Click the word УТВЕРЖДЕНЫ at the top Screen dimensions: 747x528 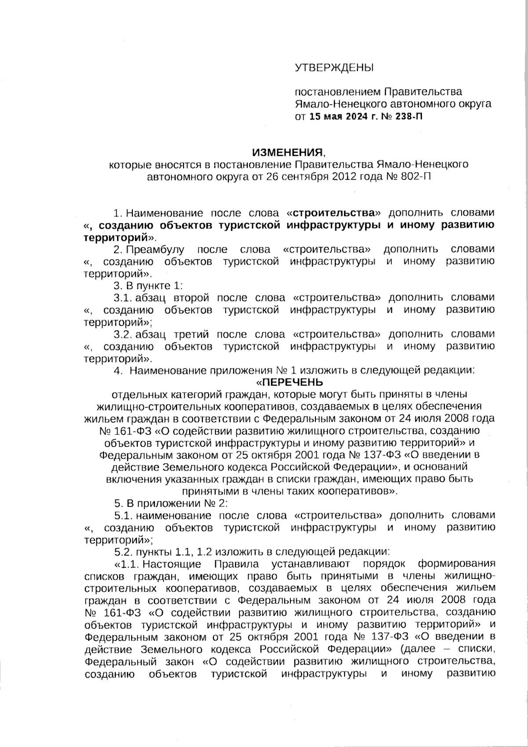point(334,67)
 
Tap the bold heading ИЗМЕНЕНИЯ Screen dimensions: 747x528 point(286,153)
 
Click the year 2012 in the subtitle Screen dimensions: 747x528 point(338,177)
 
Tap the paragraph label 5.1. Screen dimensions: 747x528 point(121,515)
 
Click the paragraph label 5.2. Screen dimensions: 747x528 point(121,551)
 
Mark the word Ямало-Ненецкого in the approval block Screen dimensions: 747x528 point(335,104)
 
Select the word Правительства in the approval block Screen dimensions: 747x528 point(423,92)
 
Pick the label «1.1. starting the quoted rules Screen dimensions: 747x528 point(127,564)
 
